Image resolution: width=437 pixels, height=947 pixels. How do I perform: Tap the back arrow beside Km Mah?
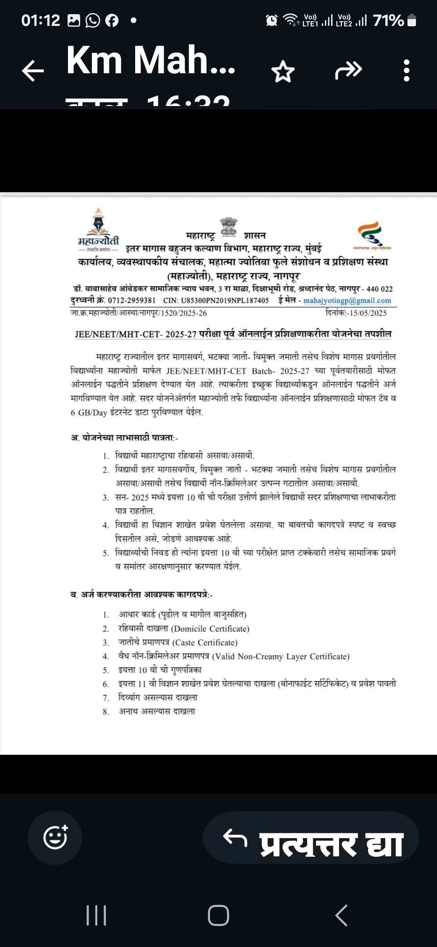point(33,71)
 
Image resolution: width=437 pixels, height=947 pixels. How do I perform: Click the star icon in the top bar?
point(283,71)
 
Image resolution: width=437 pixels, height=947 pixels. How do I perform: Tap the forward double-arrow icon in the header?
point(348,70)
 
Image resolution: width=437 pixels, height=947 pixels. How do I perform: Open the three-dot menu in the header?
point(407,71)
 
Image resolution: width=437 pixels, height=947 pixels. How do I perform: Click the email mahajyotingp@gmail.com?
point(347,300)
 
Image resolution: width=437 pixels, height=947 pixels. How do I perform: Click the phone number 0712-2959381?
point(132,300)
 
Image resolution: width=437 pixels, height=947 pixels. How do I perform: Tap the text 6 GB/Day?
point(89,413)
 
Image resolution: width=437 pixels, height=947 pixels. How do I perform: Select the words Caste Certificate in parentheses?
point(205,642)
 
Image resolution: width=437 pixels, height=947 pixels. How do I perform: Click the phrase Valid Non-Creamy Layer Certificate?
point(281,656)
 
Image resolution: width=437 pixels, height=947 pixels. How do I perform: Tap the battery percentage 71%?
point(388,20)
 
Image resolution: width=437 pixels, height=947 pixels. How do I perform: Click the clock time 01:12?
point(40,20)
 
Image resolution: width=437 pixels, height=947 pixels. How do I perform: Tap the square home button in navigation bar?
point(218,915)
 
